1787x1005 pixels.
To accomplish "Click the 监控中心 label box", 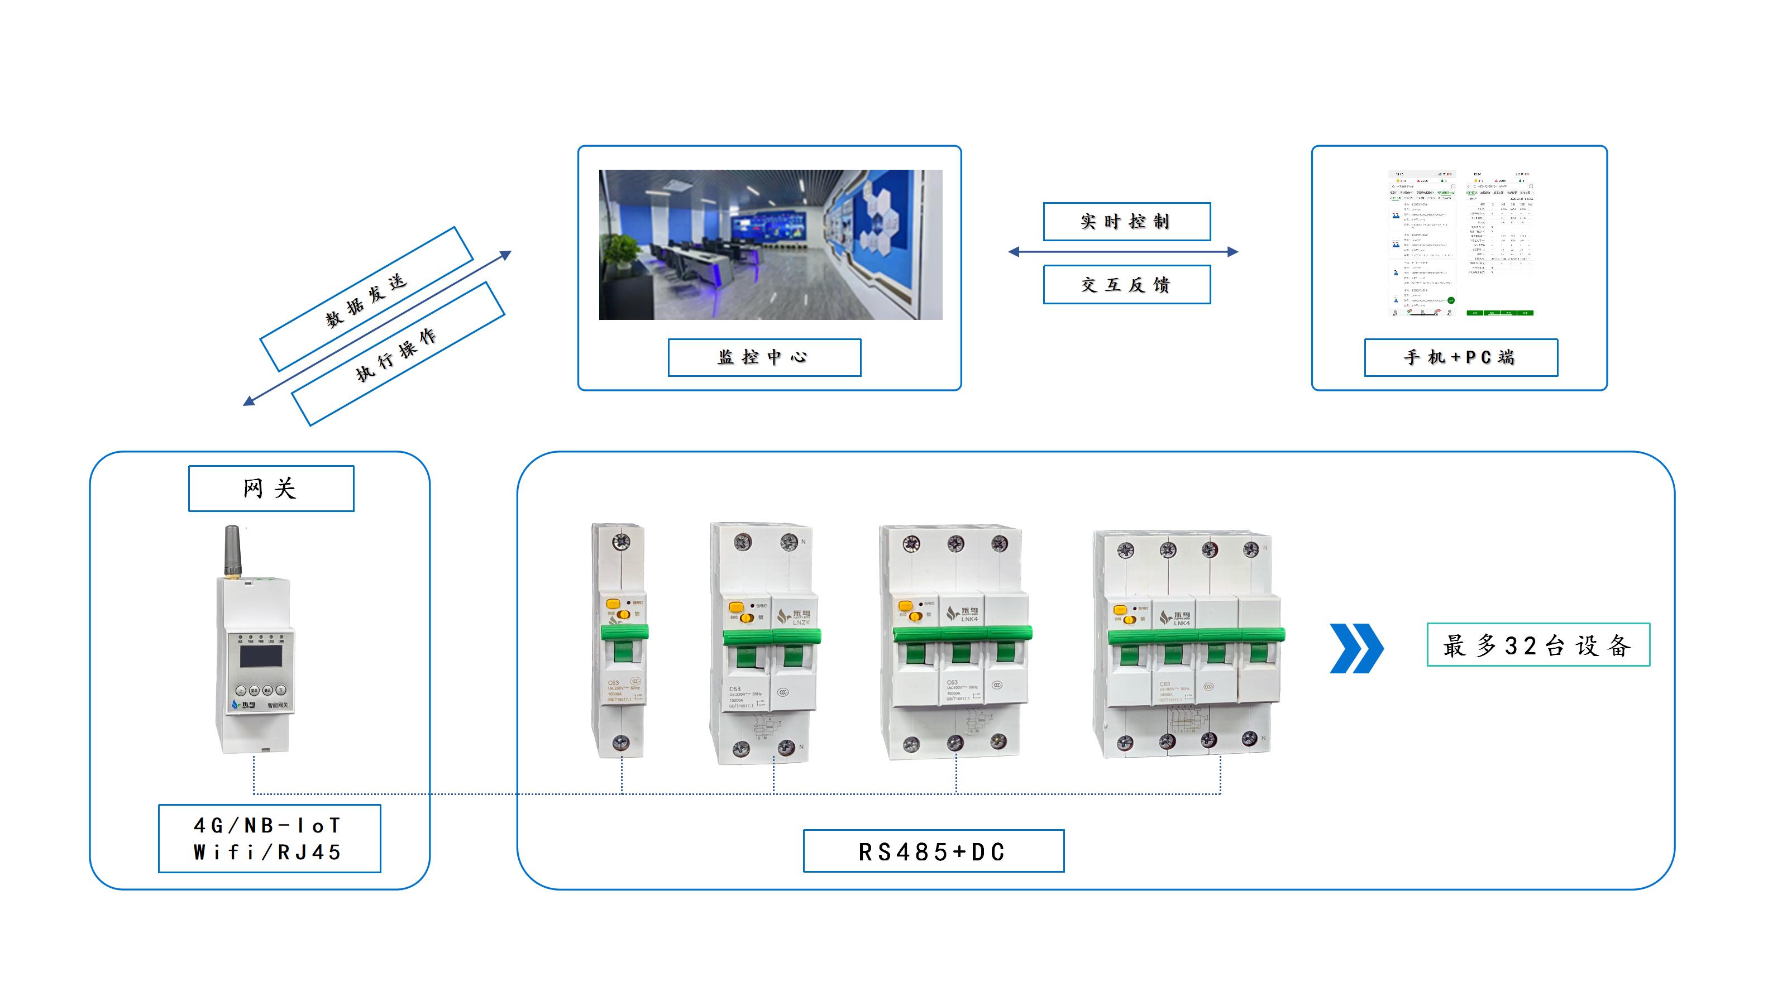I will coord(764,357).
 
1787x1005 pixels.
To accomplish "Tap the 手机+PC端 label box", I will coord(1460,357).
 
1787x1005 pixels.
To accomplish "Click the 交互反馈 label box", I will coord(1126,284).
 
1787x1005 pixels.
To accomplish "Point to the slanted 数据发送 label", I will coord(366,299).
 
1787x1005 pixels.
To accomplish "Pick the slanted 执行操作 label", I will coord(398,354).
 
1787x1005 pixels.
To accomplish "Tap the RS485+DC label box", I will coord(933,850).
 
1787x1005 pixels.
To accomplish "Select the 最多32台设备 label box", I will coord(1537,645).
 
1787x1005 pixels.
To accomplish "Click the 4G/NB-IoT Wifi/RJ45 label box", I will coord(269,838).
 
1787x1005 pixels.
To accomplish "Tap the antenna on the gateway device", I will coord(232,551).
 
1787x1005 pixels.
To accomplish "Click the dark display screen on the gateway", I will coord(261,656).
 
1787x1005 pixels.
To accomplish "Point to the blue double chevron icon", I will coord(1355,648).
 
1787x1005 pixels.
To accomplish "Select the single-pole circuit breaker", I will coord(619,642).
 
